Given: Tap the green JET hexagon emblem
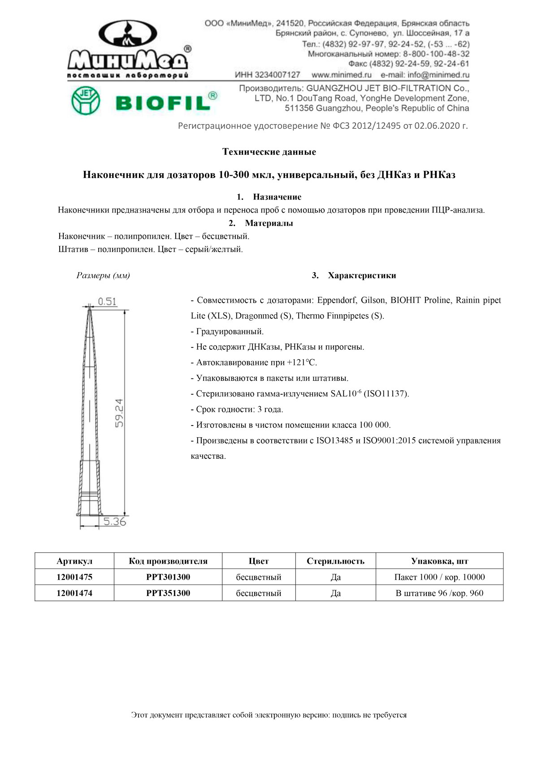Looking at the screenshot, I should coord(86,100).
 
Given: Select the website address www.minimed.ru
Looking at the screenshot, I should coord(341,75).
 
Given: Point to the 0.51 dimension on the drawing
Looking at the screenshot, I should coord(107,301).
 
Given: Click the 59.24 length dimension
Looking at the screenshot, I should coord(119,413).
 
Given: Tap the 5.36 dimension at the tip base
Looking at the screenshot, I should coord(115,522).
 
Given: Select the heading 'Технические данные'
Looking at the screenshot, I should coord(269,152).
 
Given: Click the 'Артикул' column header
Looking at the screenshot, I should coord(74,561).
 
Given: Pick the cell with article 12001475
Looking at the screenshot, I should coord(74,577).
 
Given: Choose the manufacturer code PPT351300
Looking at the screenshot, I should coord(168,593).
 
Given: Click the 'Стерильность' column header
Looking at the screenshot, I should coord(335,561).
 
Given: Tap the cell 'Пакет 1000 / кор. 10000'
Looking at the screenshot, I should coord(439,577).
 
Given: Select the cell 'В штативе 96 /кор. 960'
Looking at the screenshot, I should coord(439,593).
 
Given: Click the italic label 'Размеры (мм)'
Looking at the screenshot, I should coord(103,275).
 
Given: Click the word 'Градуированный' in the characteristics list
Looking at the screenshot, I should coord(230,331).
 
